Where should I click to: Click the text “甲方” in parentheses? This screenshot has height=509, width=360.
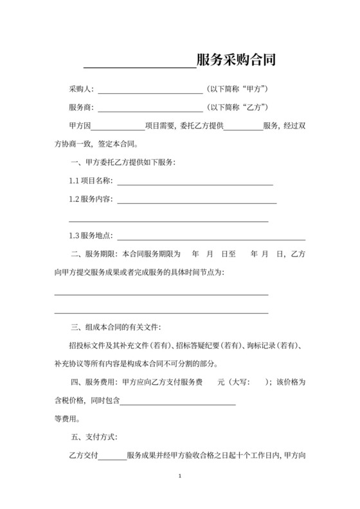click(x=252, y=88)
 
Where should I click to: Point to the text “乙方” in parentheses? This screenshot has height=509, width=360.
click(x=252, y=106)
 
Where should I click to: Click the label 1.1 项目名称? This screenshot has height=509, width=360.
click(x=91, y=181)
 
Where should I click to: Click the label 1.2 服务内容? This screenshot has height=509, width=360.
click(x=91, y=199)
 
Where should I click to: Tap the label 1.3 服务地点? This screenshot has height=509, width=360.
click(x=91, y=236)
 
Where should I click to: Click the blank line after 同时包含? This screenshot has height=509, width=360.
click(x=177, y=402)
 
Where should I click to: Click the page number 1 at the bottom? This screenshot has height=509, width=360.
click(x=180, y=477)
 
